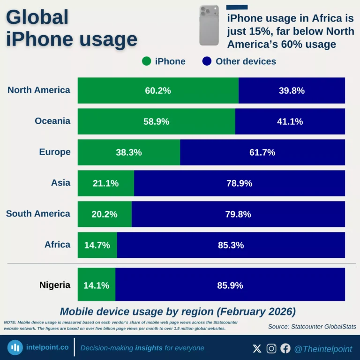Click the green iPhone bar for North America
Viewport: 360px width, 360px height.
(158, 90)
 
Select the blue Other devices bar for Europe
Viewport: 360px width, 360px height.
(262, 152)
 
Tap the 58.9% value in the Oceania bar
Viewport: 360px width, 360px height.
(157, 121)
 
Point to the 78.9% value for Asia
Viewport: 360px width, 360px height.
(239, 183)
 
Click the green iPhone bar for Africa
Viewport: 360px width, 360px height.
(97, 245)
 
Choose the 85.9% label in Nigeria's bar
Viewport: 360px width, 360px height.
(230, 285)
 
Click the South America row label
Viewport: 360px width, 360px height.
(38, 214)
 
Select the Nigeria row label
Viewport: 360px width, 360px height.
(55, 285)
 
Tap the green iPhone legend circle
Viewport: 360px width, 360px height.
(146, 61)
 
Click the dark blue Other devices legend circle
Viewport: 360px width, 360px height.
(207, 61)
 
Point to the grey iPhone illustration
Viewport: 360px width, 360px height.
(209, 25)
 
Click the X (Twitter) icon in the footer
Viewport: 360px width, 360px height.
(257, 348)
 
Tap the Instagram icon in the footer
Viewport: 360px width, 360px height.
(271, 348)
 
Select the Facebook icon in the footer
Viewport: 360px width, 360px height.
(285, 348)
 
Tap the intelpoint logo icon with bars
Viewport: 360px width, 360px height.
(16, 348)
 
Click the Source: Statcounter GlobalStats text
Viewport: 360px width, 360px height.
(312, 326)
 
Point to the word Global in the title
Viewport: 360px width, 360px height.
(37, 18)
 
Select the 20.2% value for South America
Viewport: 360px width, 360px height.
(105, 214)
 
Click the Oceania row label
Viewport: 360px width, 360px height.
(52, 121)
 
